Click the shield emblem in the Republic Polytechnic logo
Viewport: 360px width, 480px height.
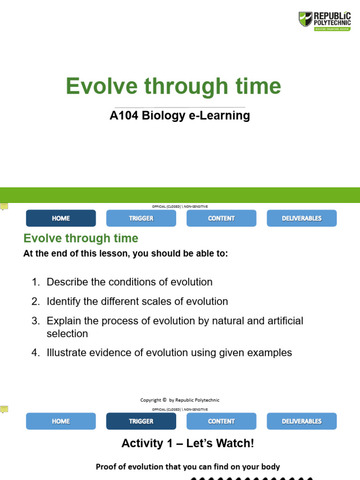coord(305,19)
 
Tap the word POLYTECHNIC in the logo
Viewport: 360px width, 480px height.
coord(332,22)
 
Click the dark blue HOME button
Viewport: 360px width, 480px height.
coord(61,218)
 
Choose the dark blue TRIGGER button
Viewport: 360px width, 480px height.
coord(141,421)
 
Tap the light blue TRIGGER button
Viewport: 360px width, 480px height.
coord(141,218)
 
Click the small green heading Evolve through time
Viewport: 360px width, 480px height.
coord(81,239)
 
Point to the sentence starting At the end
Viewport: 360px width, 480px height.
coord(126,254)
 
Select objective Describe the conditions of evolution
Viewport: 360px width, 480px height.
coord(129,282)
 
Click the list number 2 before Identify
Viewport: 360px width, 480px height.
coord(36,302)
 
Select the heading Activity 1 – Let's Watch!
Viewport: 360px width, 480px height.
coord(187,443)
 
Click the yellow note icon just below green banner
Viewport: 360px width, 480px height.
coord(4,207)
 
